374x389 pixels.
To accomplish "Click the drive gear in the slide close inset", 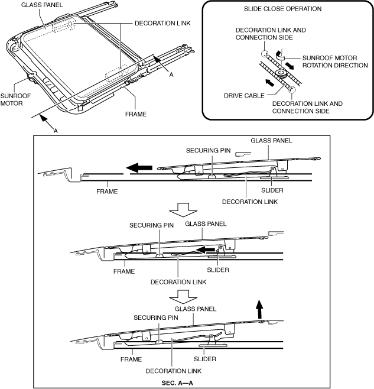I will point(282,74).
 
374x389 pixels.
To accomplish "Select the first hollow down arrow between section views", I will point(181,210).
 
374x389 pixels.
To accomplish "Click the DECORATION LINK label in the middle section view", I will point(171,281).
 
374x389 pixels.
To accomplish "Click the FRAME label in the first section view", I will point(106,192).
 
